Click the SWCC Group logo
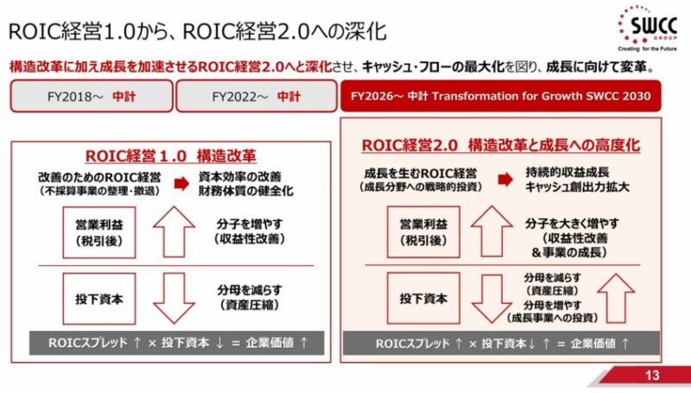[647, 29]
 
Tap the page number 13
[652, 375]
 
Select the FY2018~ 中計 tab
[92, 96]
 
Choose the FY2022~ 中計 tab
[257, 96]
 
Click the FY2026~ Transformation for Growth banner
[501, 96]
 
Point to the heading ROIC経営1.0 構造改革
[170, 156]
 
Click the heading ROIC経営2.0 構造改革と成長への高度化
[501, 145]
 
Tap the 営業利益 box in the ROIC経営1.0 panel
[99, 232]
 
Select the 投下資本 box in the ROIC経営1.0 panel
[99, 299]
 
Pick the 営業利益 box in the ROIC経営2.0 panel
[423, 231]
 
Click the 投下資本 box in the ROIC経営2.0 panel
[423, 298]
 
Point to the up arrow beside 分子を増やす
[174, 231]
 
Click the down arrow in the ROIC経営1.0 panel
[174, 298]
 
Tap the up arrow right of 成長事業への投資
[616, 298]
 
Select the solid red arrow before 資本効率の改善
[181, 183]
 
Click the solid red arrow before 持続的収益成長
[505, 180]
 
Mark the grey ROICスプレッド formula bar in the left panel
[177, 343]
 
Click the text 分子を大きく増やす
[572, 224]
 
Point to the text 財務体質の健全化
[246, 191]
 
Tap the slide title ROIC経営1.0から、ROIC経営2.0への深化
[198, 32]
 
